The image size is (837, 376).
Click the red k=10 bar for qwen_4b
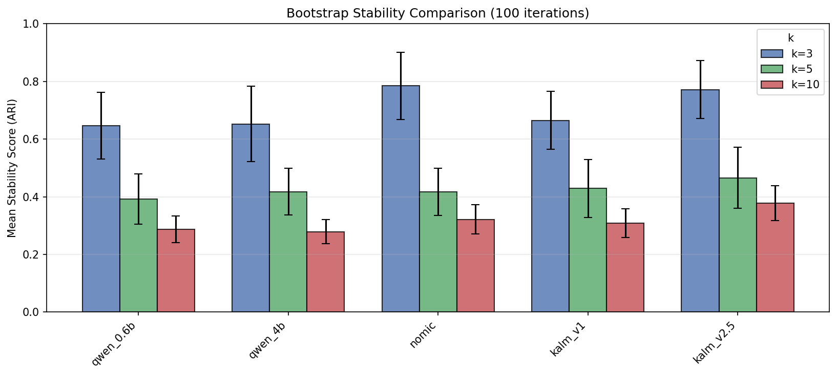[325, 272]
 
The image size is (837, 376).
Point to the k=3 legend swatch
[772, 53]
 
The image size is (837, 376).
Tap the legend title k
[790, 38]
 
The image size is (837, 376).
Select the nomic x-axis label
[423, 334]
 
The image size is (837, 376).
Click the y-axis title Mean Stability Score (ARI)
[12, 168]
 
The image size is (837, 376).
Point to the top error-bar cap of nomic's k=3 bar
[401, 52]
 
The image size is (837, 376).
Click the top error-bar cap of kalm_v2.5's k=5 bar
[738, 147]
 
